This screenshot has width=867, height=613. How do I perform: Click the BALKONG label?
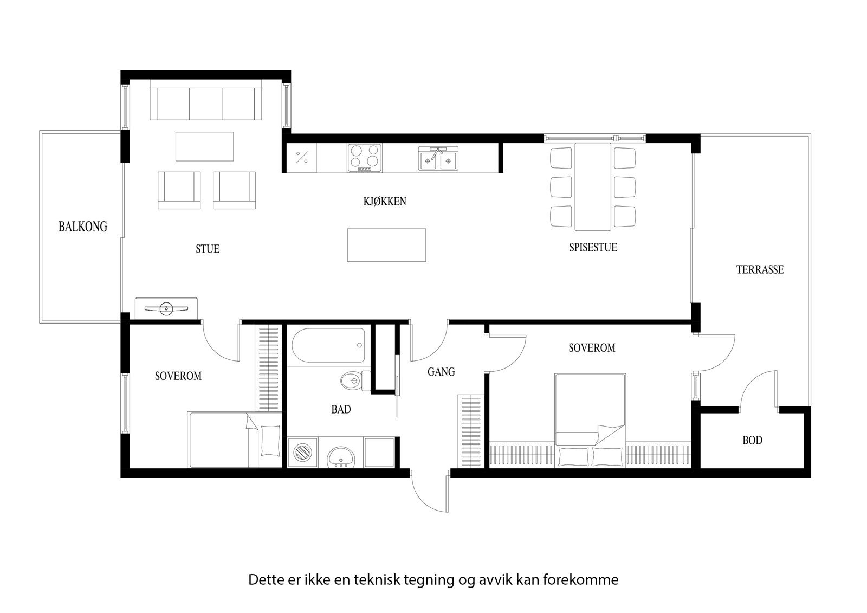(82, 227)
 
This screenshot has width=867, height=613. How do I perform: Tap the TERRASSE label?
(760, 269)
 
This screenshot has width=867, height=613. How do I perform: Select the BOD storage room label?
(752, 440)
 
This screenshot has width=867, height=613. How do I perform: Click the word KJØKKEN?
(385, 202)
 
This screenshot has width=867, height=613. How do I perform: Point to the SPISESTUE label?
(593, 248)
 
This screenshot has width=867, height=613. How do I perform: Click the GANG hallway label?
(441, 372)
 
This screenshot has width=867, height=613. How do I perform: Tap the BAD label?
(341, 410)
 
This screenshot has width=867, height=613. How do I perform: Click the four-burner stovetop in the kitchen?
(364, 158)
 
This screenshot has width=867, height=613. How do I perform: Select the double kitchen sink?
(438, 158)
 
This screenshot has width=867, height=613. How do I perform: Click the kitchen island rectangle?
(386, 245)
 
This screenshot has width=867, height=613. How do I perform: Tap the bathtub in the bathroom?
(328, 346)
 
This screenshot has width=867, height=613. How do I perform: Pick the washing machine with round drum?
(302, 451)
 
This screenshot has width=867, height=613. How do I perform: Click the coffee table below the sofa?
(204, 146)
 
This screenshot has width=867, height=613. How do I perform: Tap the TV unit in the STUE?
(166, 308)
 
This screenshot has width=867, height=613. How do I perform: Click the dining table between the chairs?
(593, 186)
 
